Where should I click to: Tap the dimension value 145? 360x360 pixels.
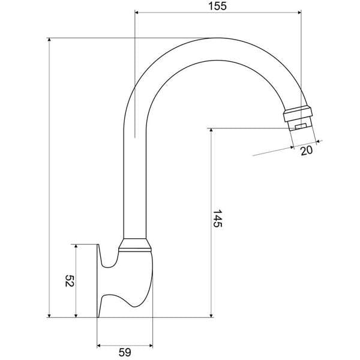click(217, 219)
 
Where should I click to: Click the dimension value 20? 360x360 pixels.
click(307, 151)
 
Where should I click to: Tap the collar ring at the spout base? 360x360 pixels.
click(135, 244)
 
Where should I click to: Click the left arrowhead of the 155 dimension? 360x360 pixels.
click(137, 13)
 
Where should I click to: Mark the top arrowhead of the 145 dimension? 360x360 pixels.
click(211, 130)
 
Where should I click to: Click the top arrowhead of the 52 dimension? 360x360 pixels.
click(76, 247)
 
